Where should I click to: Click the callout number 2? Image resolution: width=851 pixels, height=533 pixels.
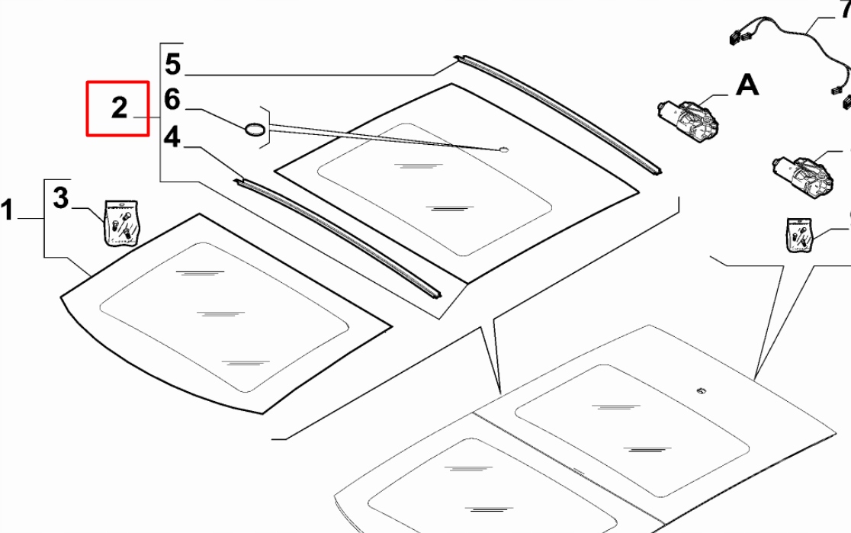tap(119, 108)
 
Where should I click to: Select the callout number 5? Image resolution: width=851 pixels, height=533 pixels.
tap(173, 64)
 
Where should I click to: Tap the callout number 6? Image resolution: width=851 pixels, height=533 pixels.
tap(172, 100)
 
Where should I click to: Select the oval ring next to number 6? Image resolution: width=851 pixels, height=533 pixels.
tap(255, 129)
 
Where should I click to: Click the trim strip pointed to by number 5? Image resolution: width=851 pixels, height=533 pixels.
tap(557, 114)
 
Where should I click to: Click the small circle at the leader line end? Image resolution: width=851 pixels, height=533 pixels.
tap(504, 149)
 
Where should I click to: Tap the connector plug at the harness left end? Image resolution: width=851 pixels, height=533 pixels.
tap(735, 35)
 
